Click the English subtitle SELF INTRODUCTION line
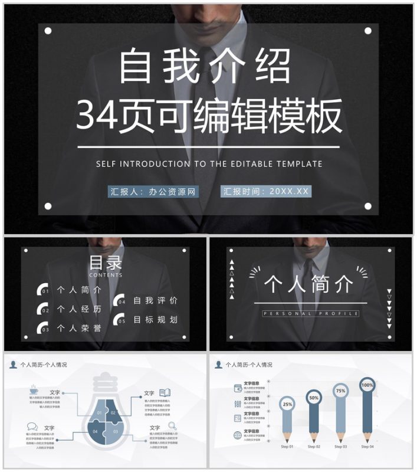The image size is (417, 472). [x=209, y=164]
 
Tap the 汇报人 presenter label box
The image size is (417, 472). [x=153, y=191]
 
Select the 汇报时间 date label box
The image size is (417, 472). [x=265, y=191]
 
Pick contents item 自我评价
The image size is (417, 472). [x=155, y=301]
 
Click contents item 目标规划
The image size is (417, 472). [x=155, y=320]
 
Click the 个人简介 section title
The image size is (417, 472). [x=309, y=284]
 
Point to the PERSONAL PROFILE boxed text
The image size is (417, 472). [x=310, y=313]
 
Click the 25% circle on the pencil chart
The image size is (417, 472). [x=287, y=405]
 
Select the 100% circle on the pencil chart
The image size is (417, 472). [x=367, y=385]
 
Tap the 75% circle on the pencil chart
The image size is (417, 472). [x=340, y=391]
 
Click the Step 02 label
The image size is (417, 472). [x=314, y=447]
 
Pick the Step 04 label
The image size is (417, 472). [x=367, y=447]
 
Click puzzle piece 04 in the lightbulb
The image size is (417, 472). [x=96, y=432]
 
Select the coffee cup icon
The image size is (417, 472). [x=34, y=390]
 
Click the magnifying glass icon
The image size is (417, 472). [x=172, y=425]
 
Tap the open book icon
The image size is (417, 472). [x=165, y=392]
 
